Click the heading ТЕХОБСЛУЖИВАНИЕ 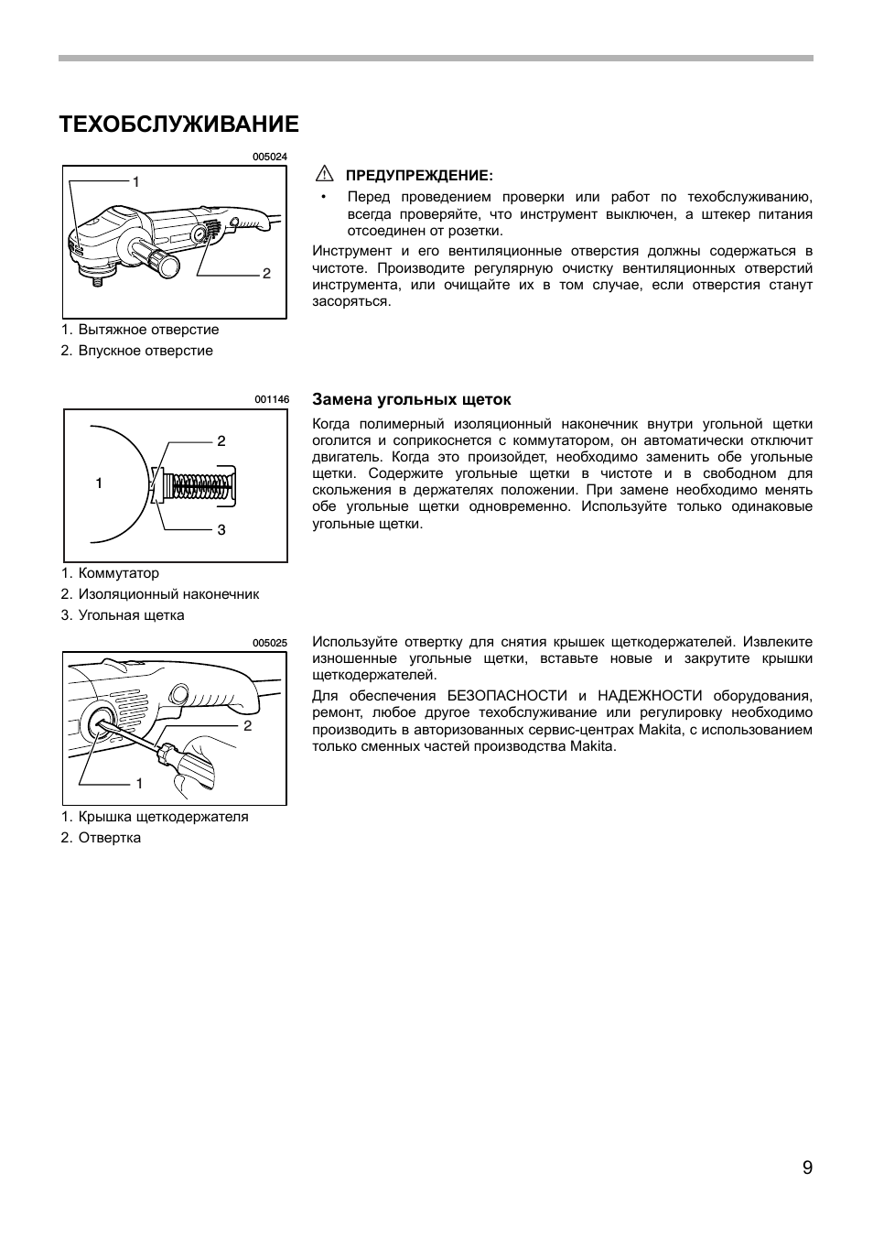(x=178, y=125)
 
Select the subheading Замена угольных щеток (x=412, y=399)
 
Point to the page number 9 (x=807, y=1167)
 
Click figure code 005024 (x=270, y=157)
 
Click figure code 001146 (x=271, y=399)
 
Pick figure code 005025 (x=270, y=643)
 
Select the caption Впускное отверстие (x=145, y=351)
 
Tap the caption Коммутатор (x=119, y=573)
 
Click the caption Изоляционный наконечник (x=168, y=594)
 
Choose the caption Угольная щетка (x=131, y=615)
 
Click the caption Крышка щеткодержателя (x=163, y=817)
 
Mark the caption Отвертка (x=110, y=838)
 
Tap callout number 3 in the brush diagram (x=221, y=530)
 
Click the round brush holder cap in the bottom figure (x=100, y=724)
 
